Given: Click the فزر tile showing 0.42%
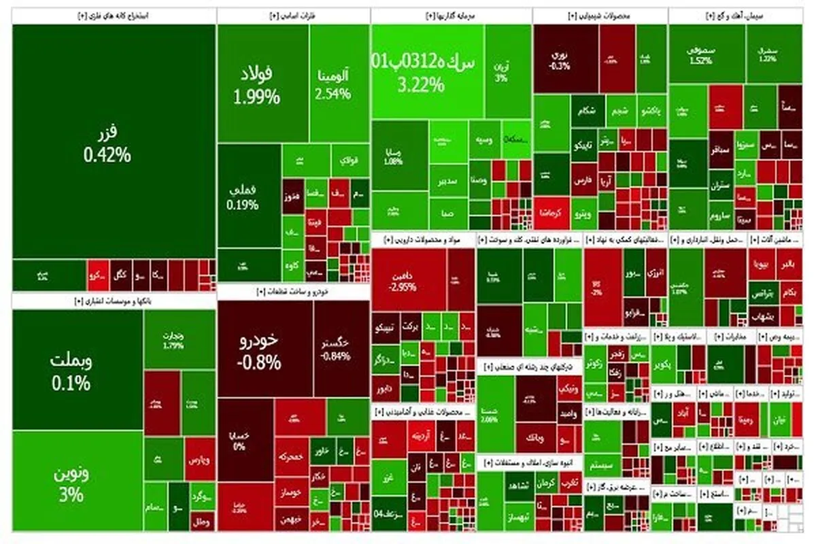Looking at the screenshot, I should click(107, 143).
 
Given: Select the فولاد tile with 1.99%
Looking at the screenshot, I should click(256, 85).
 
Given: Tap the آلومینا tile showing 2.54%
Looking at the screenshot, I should click(334, 85).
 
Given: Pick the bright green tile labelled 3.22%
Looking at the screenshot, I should click(427, 71).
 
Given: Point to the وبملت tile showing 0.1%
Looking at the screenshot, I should click(71, 371).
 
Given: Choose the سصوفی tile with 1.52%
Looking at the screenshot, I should click(700, 54).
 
